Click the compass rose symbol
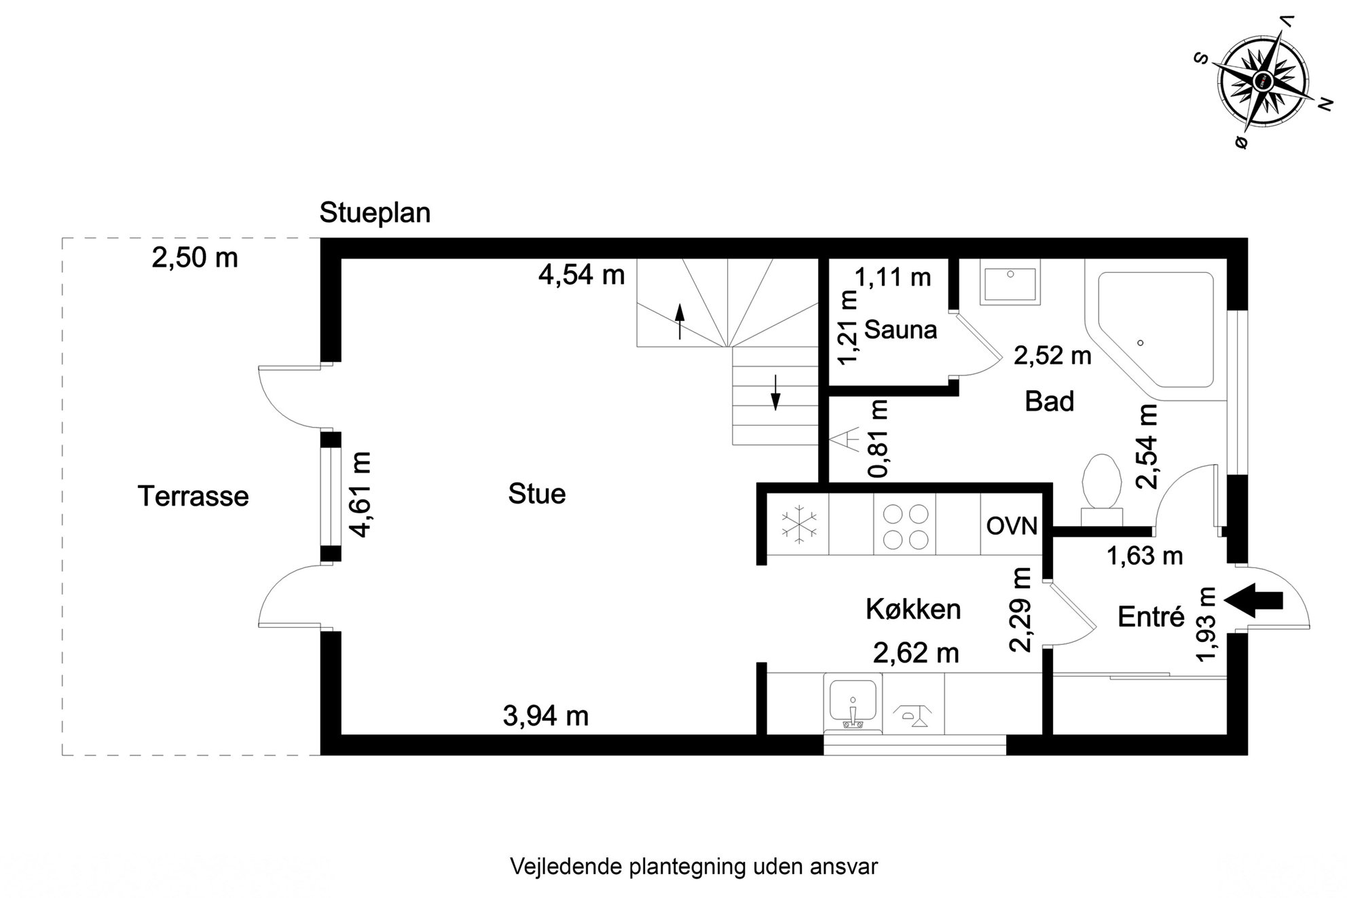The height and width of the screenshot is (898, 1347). pos(1263,80)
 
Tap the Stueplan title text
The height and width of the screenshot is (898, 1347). pos(375,213)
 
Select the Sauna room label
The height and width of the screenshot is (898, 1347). pos(901,330)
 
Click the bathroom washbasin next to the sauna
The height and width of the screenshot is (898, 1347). pos(1010,283)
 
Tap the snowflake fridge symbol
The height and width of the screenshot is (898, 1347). pos(800,524)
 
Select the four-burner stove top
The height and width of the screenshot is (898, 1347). pos(905,525)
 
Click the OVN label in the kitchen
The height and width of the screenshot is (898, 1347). pos(1012,526)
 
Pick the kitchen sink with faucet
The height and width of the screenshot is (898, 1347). pos(853,703)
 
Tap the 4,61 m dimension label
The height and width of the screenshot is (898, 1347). pos(361,494)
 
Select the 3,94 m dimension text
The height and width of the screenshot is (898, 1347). pos(546,716)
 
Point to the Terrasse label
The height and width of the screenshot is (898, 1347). pos(193,496)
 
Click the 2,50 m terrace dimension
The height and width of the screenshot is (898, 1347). pos(195,258)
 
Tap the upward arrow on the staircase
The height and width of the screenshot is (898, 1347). pos(680,321)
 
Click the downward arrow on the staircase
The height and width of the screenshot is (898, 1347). pos(775,394)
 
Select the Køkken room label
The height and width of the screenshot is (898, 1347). pos(913,610)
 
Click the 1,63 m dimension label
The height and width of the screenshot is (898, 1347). pos(1145,556)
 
